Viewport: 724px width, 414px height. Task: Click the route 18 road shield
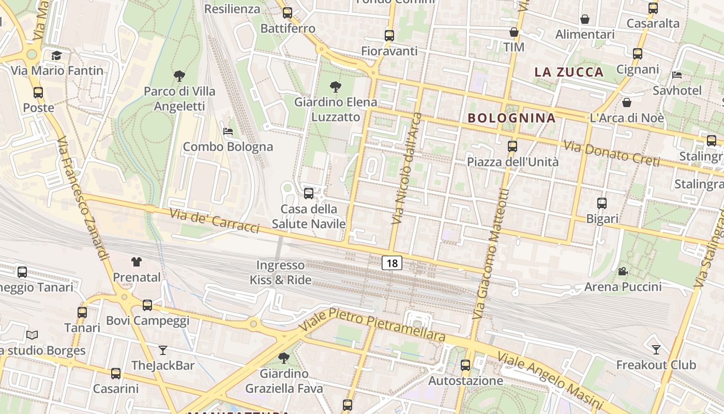[x=392, y=263]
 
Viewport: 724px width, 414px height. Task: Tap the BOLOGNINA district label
[x=511, y=118]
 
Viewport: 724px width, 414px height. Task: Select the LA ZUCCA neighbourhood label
[x=569, y=72]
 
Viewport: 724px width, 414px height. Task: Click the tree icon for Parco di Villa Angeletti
[x=179, y=76]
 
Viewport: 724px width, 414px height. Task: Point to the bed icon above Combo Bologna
[x=228, y=131]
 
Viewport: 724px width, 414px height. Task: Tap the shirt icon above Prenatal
[x=137, y=262]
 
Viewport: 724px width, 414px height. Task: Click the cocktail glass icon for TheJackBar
[x=163, y=350]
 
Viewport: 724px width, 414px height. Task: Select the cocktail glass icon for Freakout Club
[x=656, y=349]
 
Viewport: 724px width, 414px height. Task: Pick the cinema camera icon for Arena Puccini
[x=623, y=271]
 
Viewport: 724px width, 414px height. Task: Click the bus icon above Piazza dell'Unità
[x=512, y=146]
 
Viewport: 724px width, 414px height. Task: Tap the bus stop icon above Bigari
[x=602, y=203]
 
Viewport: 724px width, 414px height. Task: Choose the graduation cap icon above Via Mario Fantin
[x=56, y=55]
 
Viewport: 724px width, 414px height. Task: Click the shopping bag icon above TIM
[x=514, y=32]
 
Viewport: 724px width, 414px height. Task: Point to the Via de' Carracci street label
[x=214, y=220]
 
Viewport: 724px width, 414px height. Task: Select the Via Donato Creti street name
[x=612, y=153]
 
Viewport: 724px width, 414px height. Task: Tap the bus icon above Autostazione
[x=465, y=365]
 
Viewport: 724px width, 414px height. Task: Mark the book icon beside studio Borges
[x=32, y=335]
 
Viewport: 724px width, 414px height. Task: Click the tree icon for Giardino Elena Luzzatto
[x=336, y=87]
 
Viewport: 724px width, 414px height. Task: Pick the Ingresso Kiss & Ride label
[x=281, y=273]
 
